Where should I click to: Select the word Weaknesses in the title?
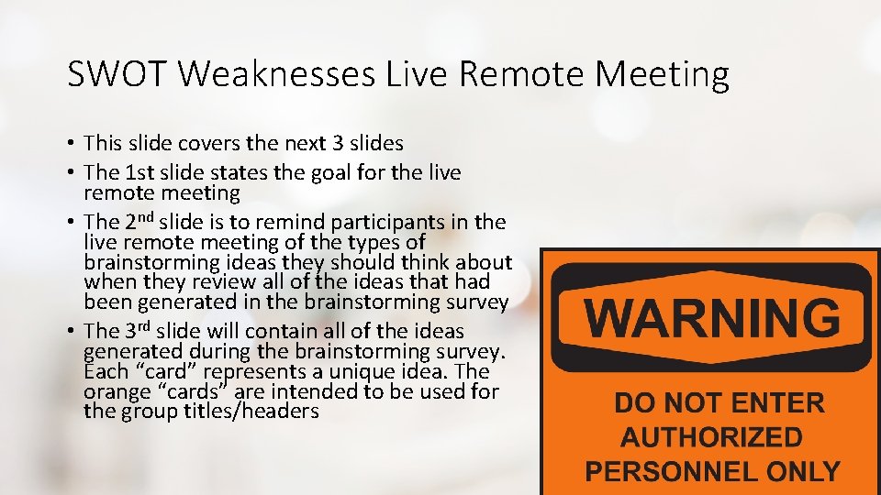[x=277, y=74]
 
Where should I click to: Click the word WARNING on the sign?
[x=712, y=318]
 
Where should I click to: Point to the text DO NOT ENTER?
[x=719, y=403]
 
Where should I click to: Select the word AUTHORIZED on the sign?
[x=711, y=437]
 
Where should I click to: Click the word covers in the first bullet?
[x=198, y=143]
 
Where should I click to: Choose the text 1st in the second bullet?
[x=143, y=172]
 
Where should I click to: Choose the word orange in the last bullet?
[x=112, y=391]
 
